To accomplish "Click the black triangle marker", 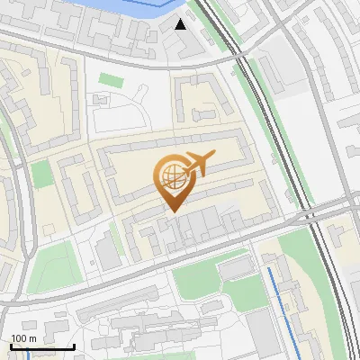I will [x=181, y=23].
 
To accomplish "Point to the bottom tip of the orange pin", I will [x=171, y=211].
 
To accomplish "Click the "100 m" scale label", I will [x=23, y=338].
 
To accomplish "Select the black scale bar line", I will [x=42, y=346].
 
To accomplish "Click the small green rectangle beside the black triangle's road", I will [x=110, y=80].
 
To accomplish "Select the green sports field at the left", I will [x=49, y=268].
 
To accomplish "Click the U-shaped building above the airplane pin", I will [x=202, y=99].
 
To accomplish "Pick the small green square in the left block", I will [x=42, y=174].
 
